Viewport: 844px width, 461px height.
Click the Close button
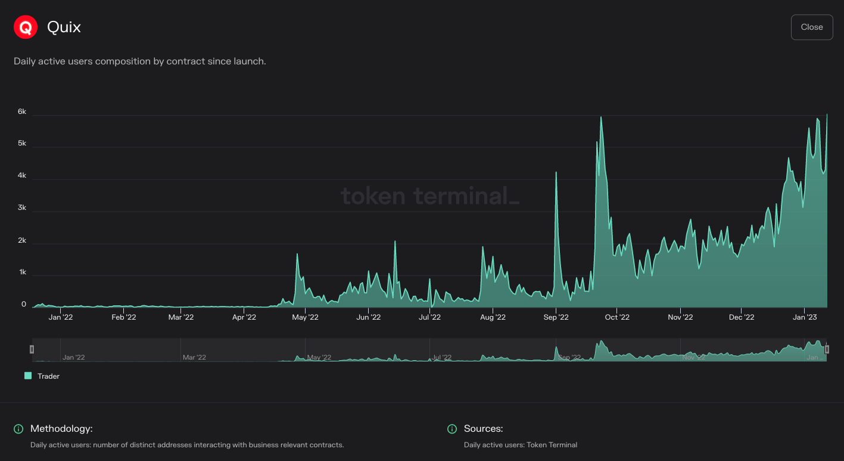(811, 27)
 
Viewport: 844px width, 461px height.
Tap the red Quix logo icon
(26, 27)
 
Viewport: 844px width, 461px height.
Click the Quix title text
(64, 27)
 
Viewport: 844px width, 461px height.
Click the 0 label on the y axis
(24, 304)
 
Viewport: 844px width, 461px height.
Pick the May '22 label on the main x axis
(305, 317)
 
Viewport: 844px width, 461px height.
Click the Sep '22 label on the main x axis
(556, 317)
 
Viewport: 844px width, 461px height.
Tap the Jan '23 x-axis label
(805, 317)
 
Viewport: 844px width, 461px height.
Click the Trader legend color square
(28, 376)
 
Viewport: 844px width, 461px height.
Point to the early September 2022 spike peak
(556, 172)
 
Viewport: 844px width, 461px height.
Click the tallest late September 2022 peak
(601, 117)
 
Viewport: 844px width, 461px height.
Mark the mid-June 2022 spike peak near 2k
(395, 242)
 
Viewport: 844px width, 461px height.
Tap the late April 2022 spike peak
(297, 255)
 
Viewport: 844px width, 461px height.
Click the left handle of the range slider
(32, 349)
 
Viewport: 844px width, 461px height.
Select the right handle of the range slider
(827, 349)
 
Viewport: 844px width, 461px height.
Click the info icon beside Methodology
(18, 429)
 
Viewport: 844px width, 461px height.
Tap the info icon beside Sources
(452, 429)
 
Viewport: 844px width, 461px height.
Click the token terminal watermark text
(429, 196)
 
